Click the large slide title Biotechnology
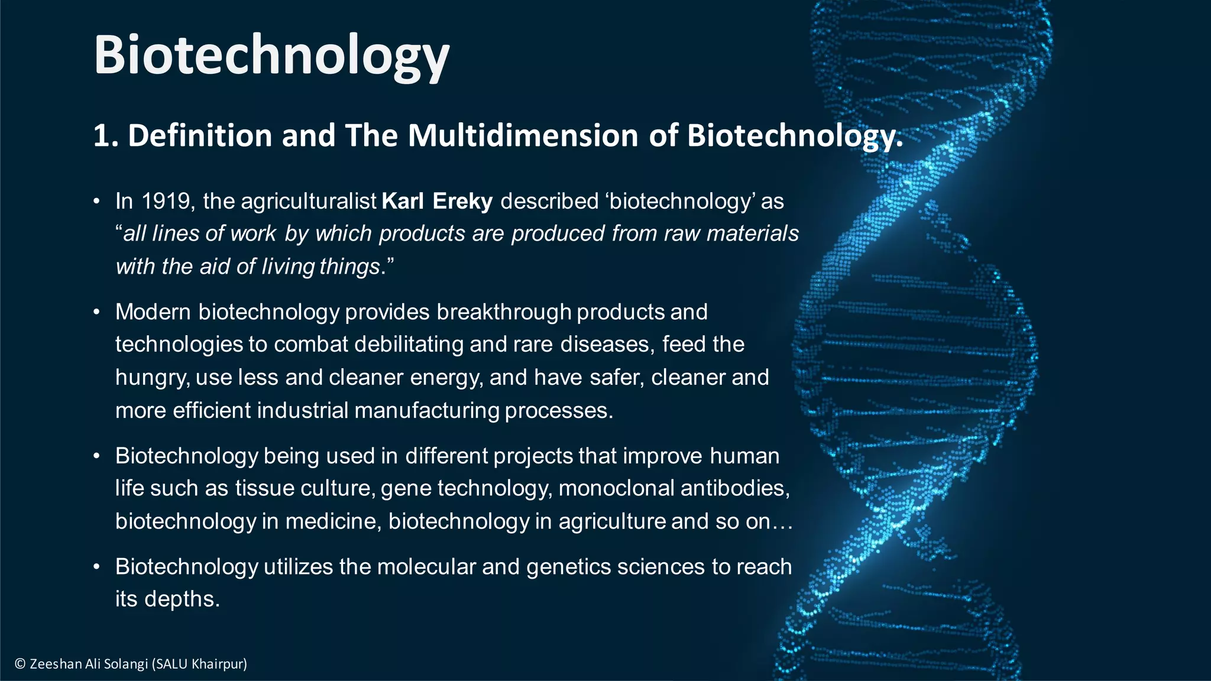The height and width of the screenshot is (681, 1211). point(271,55)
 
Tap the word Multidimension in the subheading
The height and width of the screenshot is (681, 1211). point(523,135)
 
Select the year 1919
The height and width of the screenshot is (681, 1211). point(166,202)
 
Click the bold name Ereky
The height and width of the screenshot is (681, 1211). point(462,202)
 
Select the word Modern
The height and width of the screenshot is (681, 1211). point(153,312)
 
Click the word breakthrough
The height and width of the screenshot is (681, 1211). point(504,312)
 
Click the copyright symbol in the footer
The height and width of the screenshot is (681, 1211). point(20,664)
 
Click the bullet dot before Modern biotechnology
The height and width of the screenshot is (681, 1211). point(96,312)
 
